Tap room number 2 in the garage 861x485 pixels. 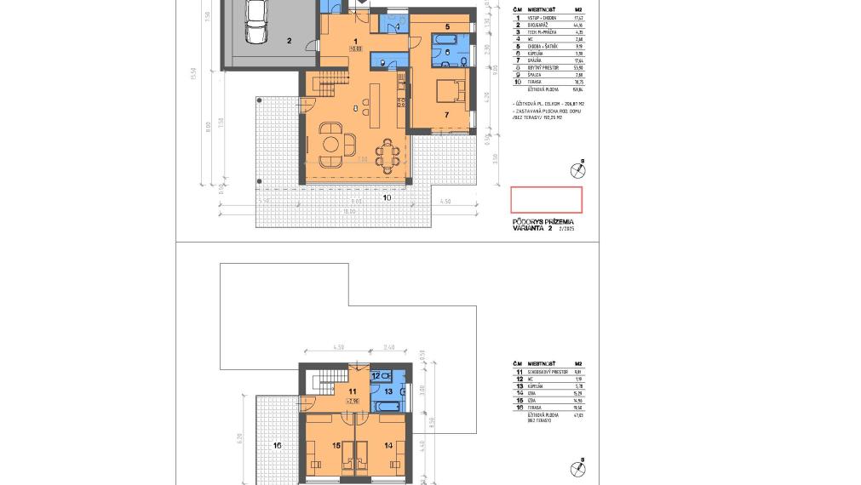289,41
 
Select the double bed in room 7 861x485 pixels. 448,91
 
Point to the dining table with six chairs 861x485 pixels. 388,156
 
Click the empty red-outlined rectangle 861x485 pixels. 546,200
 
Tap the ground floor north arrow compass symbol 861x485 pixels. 577,170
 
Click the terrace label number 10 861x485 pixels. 387,197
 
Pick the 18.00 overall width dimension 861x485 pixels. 349,211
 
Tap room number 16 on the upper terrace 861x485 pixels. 277,445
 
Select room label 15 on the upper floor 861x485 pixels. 336,445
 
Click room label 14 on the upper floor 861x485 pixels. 388,445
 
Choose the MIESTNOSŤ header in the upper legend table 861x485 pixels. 542,9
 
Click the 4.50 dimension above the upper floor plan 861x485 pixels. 338,347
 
